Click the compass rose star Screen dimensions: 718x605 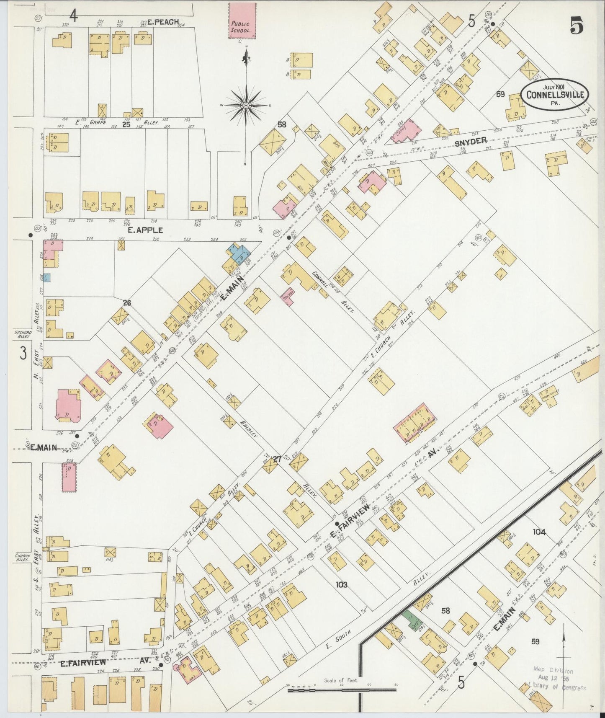tap(246, 105)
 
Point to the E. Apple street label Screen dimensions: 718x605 tap(145, 230)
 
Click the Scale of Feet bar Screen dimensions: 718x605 tap(341, 689)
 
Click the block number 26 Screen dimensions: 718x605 tap(127, 302)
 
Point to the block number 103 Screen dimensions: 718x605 tap(341, 584)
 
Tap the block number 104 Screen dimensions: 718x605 tap(539, 532)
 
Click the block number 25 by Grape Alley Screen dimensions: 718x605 tap(126, 124)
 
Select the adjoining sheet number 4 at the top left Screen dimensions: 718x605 tap(74, 16)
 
